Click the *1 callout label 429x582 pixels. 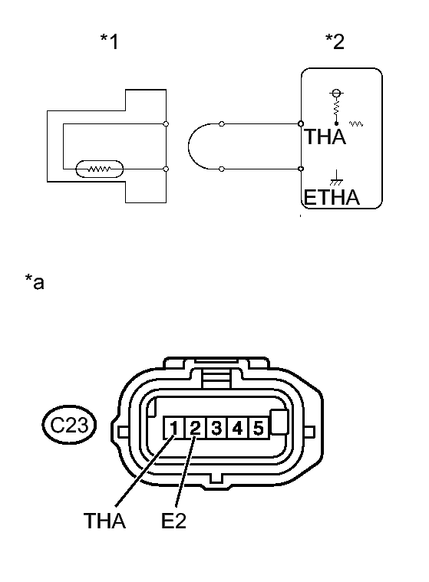(x=109, y=41)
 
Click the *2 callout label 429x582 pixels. (x=335, y=41)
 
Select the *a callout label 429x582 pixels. (x=35, y=281)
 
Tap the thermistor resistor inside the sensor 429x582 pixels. (x=99, y=169)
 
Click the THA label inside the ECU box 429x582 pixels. (x=325, y=136)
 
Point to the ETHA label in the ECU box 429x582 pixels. (x=332, y=197)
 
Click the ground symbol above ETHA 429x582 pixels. (x=336, y=178)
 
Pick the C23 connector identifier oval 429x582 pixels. (x=69, y=425)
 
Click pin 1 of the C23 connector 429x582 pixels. (x=174, y=428)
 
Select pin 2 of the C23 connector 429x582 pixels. (x=195, y=428)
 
